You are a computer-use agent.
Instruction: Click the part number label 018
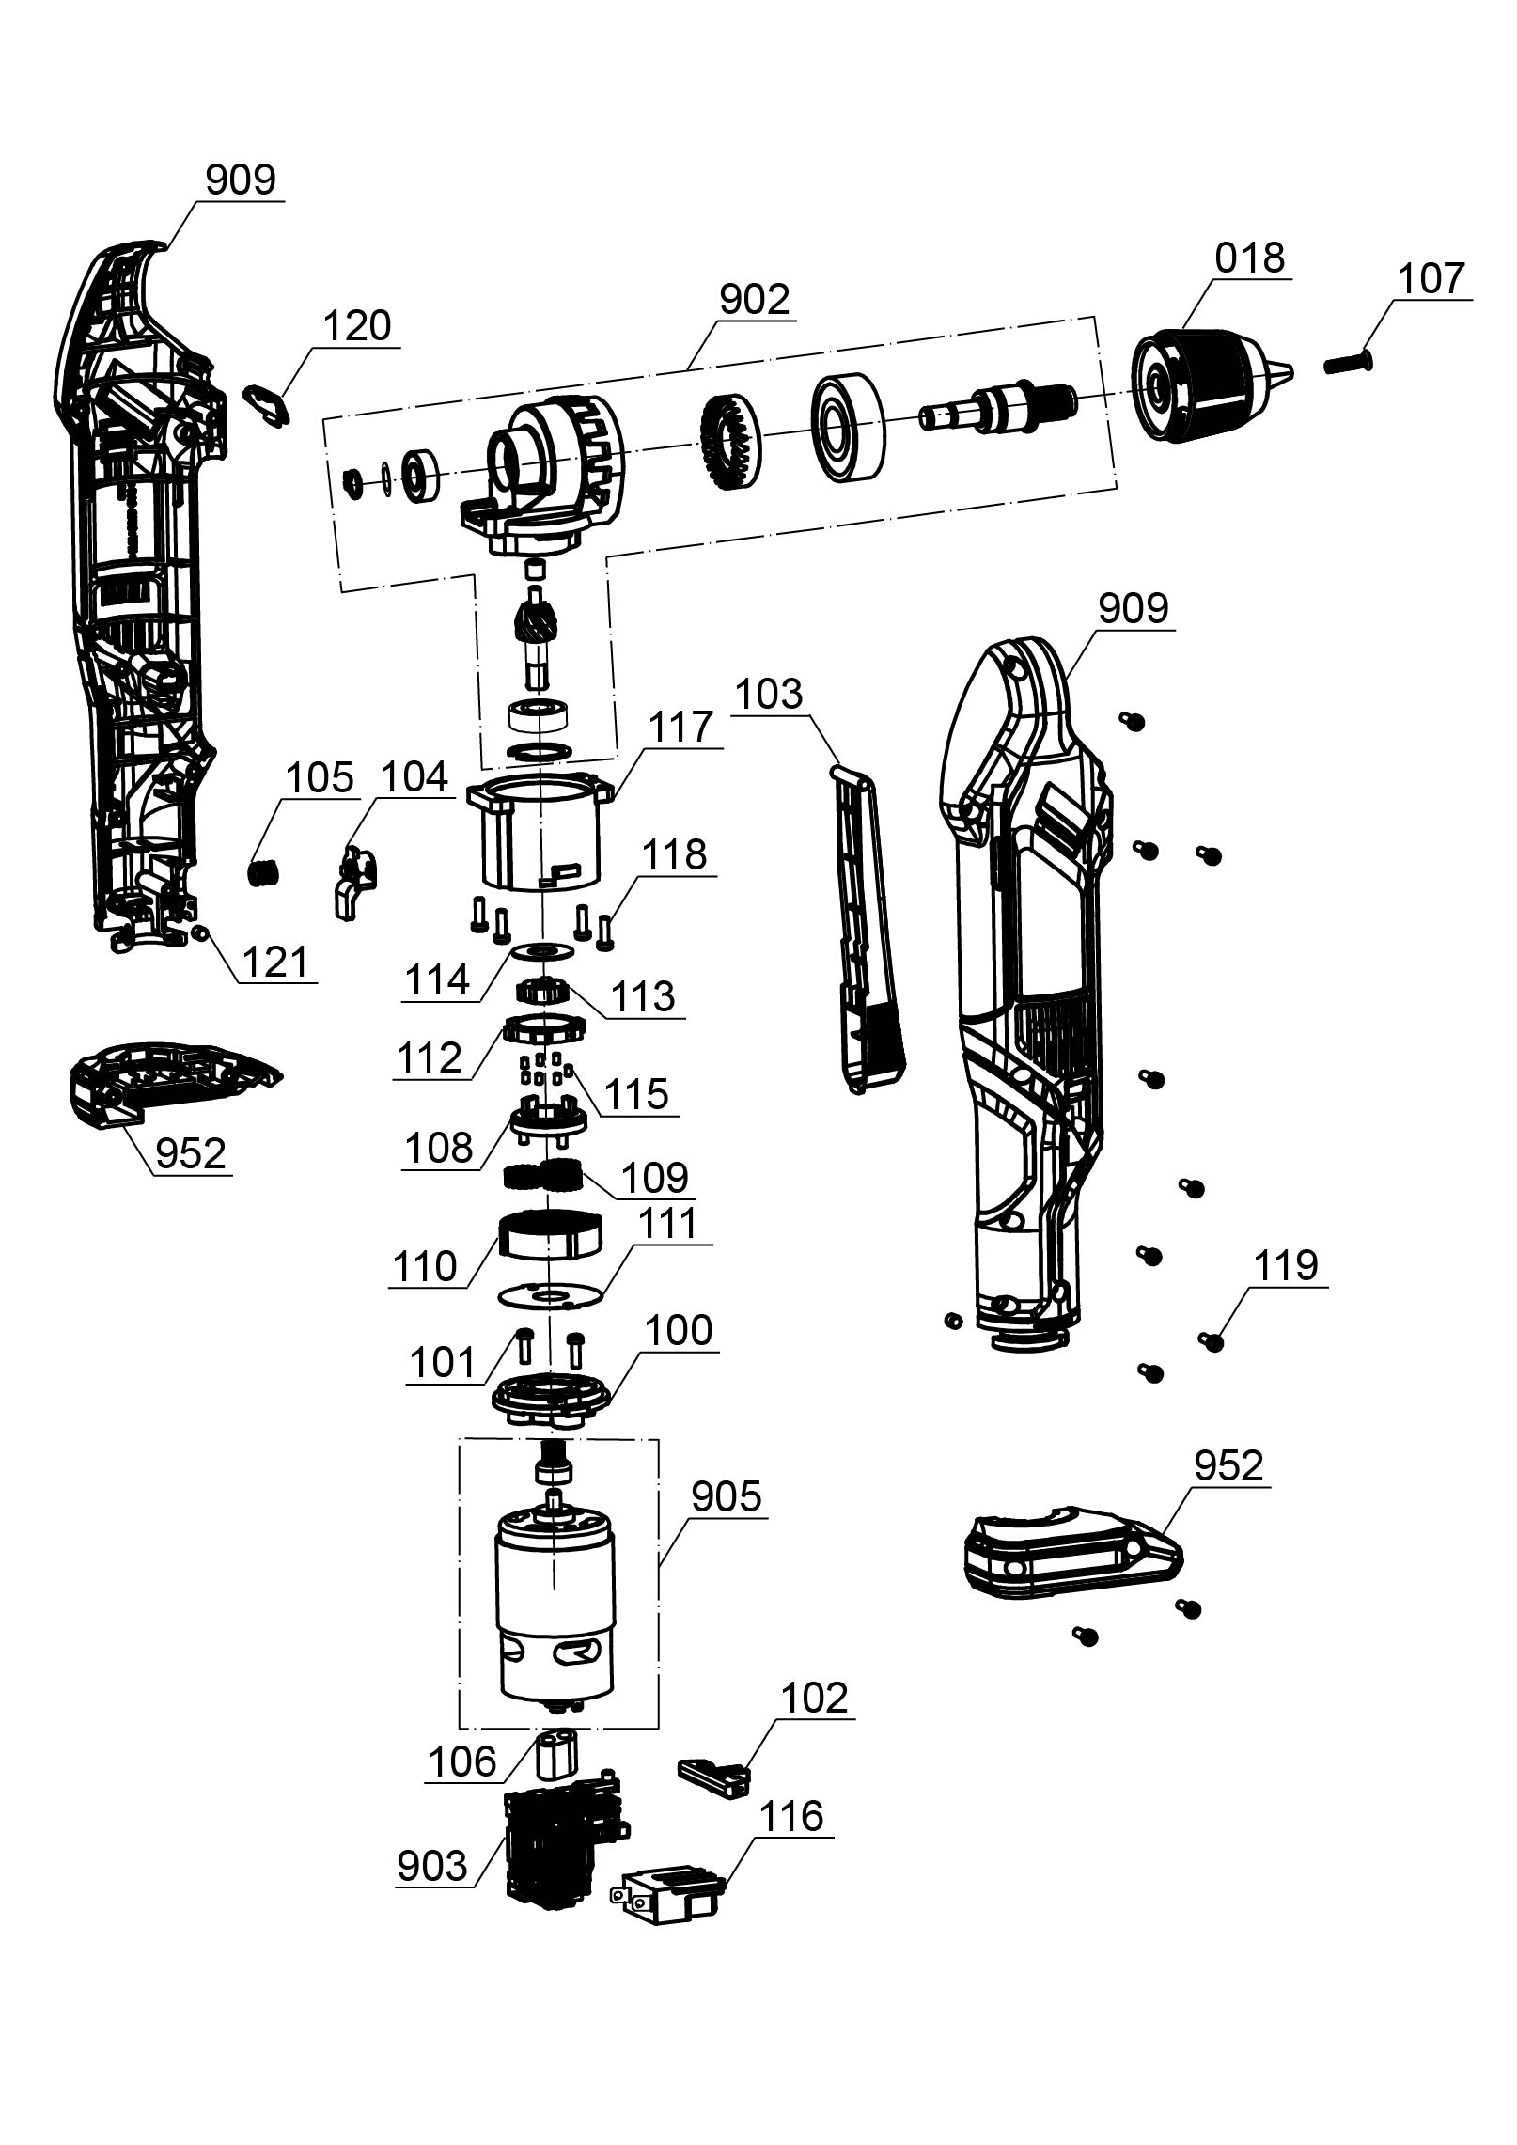pyautogui.click(x=1249, y=258)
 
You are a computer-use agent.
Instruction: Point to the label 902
pyautogui.click(x=754, y=300)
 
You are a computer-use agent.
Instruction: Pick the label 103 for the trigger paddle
pyautogui.click(x=768, y=695)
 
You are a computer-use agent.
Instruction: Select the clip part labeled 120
pyautogui.click(x=265, y=404)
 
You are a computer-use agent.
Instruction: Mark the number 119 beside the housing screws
pyautogui.click(x=1286, y=1265)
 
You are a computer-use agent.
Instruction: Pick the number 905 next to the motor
pyautogui.click(x=726, y=1497)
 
